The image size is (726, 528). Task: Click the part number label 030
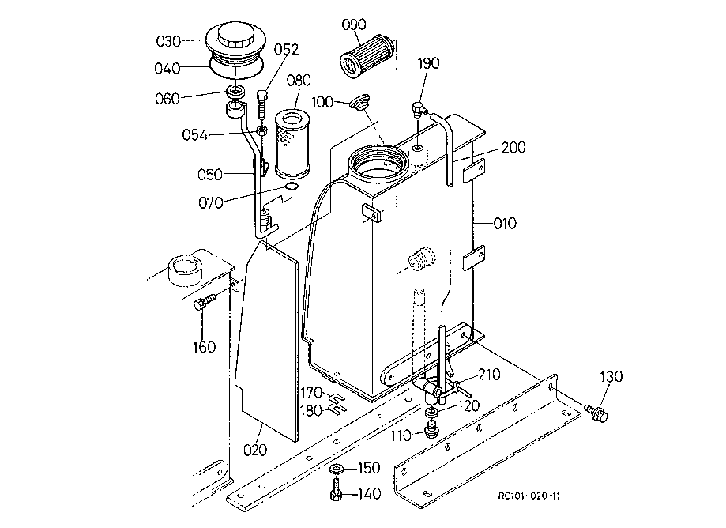(x=168, y=41)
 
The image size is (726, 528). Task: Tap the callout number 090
(x=354, y=24)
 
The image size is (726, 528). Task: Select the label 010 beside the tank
(x=505, y=223)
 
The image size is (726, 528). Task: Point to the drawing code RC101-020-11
(x=529, y=496)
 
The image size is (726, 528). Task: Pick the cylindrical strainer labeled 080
(x=292, y=144)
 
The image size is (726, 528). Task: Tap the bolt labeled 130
(x=596, y=413)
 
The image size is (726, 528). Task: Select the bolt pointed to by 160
(x=204, y=301)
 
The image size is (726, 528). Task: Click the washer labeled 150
(x=337, y=470)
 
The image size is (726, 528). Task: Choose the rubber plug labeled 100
(x=359, y=102)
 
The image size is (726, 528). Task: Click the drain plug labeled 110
(x=431, y=429)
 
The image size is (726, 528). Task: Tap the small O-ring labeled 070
(x=292, y=187)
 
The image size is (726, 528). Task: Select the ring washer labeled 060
(x=235, y=91)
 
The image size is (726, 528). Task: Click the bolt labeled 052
(x=262, y=104)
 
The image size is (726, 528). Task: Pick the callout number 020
(x=255, y=450)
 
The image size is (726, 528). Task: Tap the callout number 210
(x=489, y=374)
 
